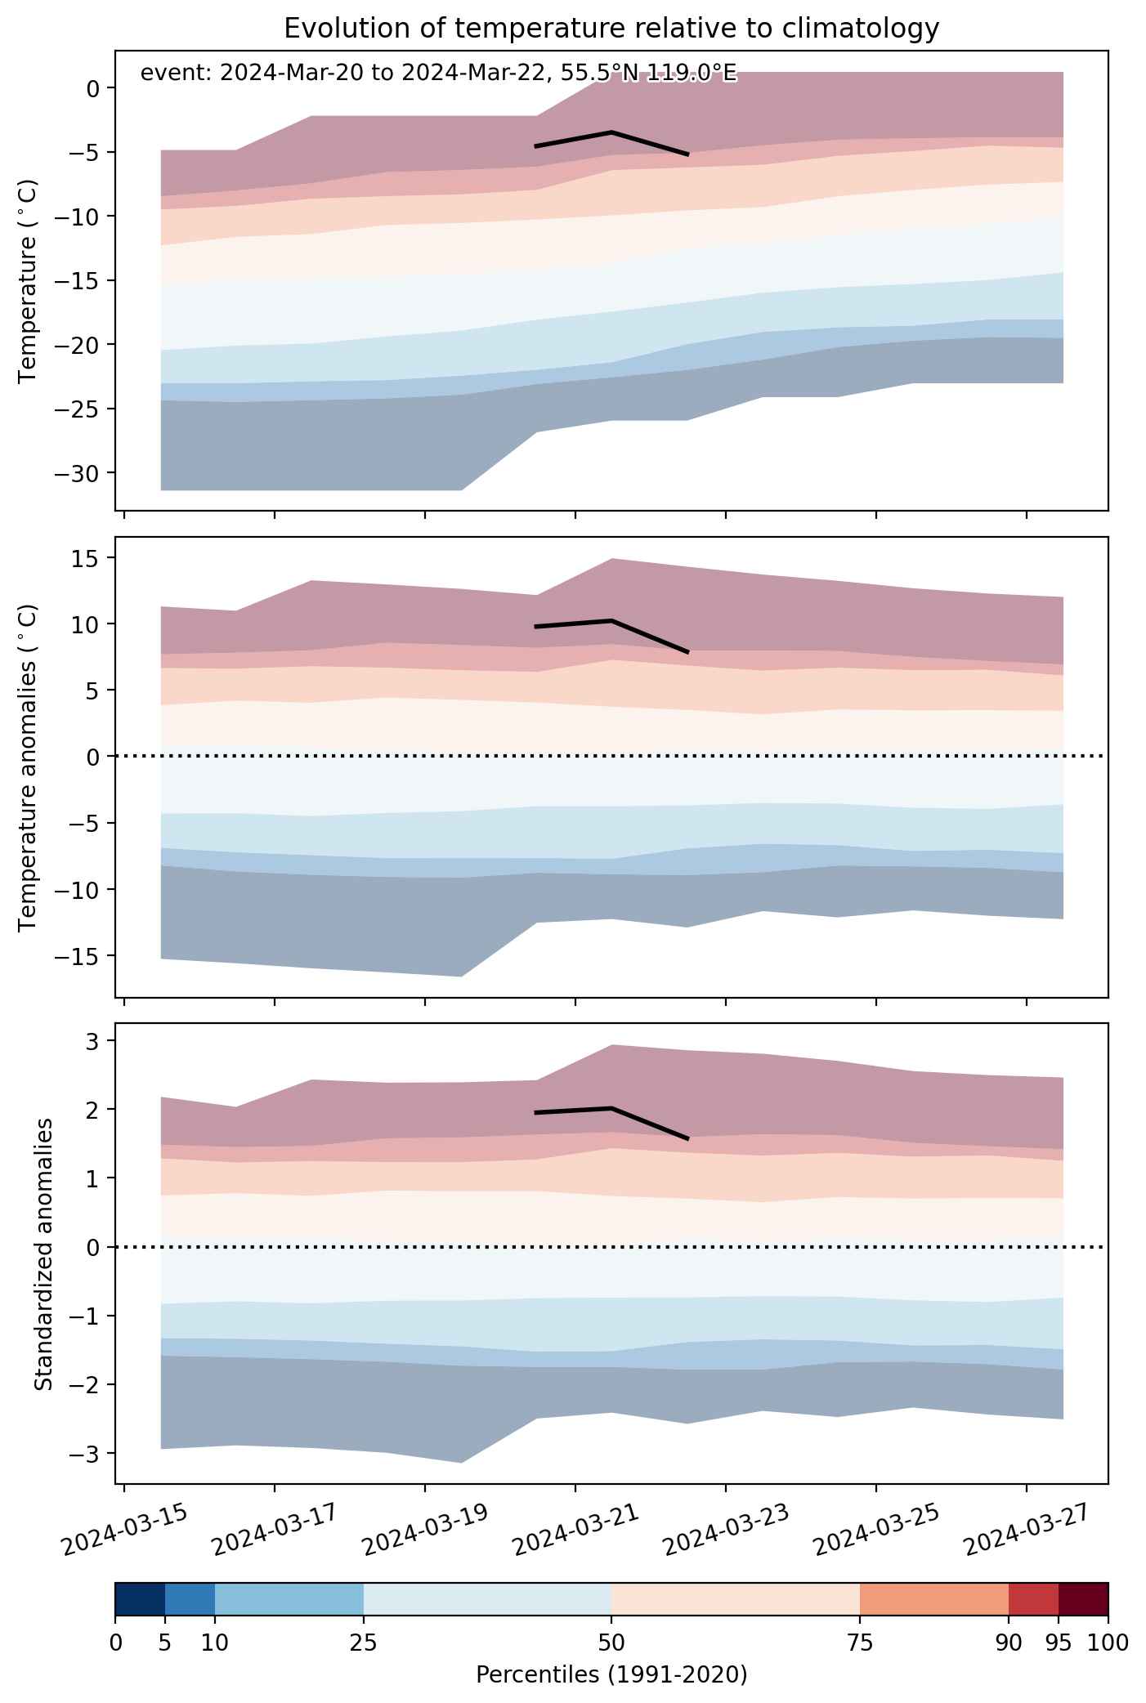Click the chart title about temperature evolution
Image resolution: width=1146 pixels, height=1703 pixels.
pyautogui.click(x=611, y=29)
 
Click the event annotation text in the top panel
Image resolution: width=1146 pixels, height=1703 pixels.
pyautogui.click(x=439, y=74)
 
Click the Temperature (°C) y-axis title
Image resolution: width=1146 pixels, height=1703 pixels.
pyautogui.click(x=28, y=280)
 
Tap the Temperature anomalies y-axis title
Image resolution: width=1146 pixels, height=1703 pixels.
pyautogui.click(x=28, y=767)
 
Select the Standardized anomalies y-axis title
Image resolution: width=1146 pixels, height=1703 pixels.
pyautogui.click(x=44, y=1254)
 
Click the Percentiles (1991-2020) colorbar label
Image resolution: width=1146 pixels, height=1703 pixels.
pyautogui.click(x=611, y=1674)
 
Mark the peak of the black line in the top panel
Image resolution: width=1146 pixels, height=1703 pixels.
pyautogui.click(x=611, y=132)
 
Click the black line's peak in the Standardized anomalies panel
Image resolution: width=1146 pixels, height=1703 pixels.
pyautogui.click(x=611, y=1107)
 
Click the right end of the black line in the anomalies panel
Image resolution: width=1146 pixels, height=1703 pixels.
pyautogui.click(x=687, y=652)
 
